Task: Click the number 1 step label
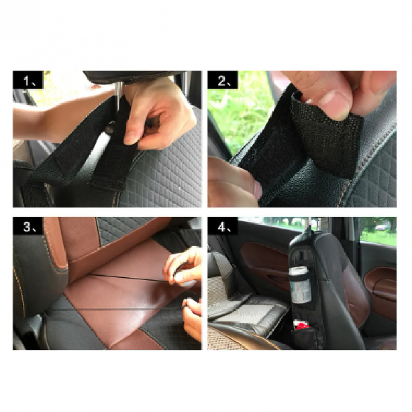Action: tap(28, 80)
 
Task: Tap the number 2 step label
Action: tap(222, 80)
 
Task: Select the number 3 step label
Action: tap(28, 226)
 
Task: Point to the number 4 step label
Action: tap(222, 226)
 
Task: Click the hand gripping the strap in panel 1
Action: tap(158, 116)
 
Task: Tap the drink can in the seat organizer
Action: tap(300, 285)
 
